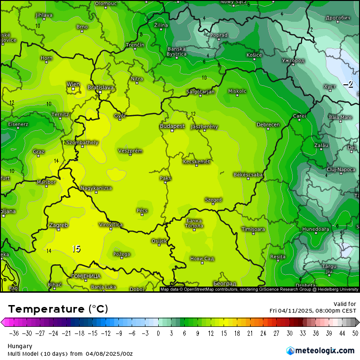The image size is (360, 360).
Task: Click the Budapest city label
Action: pos(172,126)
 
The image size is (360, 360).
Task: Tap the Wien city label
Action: pos(73,84)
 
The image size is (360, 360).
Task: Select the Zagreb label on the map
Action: pos(58,225)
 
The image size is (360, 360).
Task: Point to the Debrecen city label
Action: pos(268,125)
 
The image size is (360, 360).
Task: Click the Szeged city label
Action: pos(213,200)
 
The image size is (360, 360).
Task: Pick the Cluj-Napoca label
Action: pos(341,169)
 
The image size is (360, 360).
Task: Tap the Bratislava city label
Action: pos(100,88)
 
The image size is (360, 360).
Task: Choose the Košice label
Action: pos(254,55)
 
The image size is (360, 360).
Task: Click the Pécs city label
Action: pos(142,210)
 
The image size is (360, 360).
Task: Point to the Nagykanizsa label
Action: pos(96,188)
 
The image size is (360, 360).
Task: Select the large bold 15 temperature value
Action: pos(76,249)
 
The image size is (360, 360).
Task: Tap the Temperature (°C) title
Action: pos(58,309)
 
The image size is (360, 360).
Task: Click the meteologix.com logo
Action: pos(320,351)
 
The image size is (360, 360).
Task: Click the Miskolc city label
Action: pos(237,91)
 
